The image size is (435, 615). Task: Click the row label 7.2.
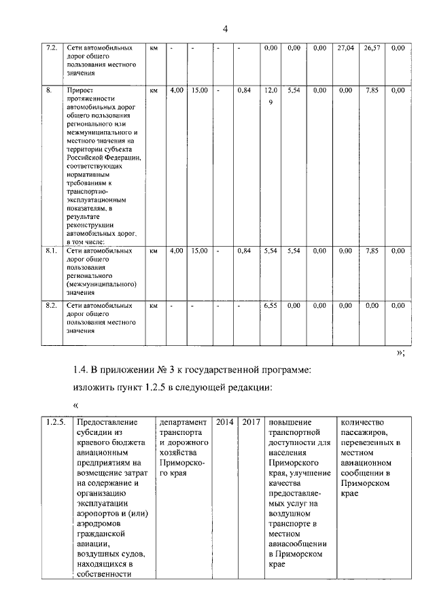tap(50, 48)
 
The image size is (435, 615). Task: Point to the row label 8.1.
tap(50, 251)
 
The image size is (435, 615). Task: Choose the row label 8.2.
tap(50, 306)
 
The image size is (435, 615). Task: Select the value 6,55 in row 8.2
tap(270, 306)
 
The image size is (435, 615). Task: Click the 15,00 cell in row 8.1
tap(199, 251)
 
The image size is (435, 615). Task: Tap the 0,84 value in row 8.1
tap(245, 251)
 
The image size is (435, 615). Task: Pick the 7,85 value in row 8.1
tap(372, 251)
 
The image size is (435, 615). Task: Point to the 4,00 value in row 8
tap(176, 90)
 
